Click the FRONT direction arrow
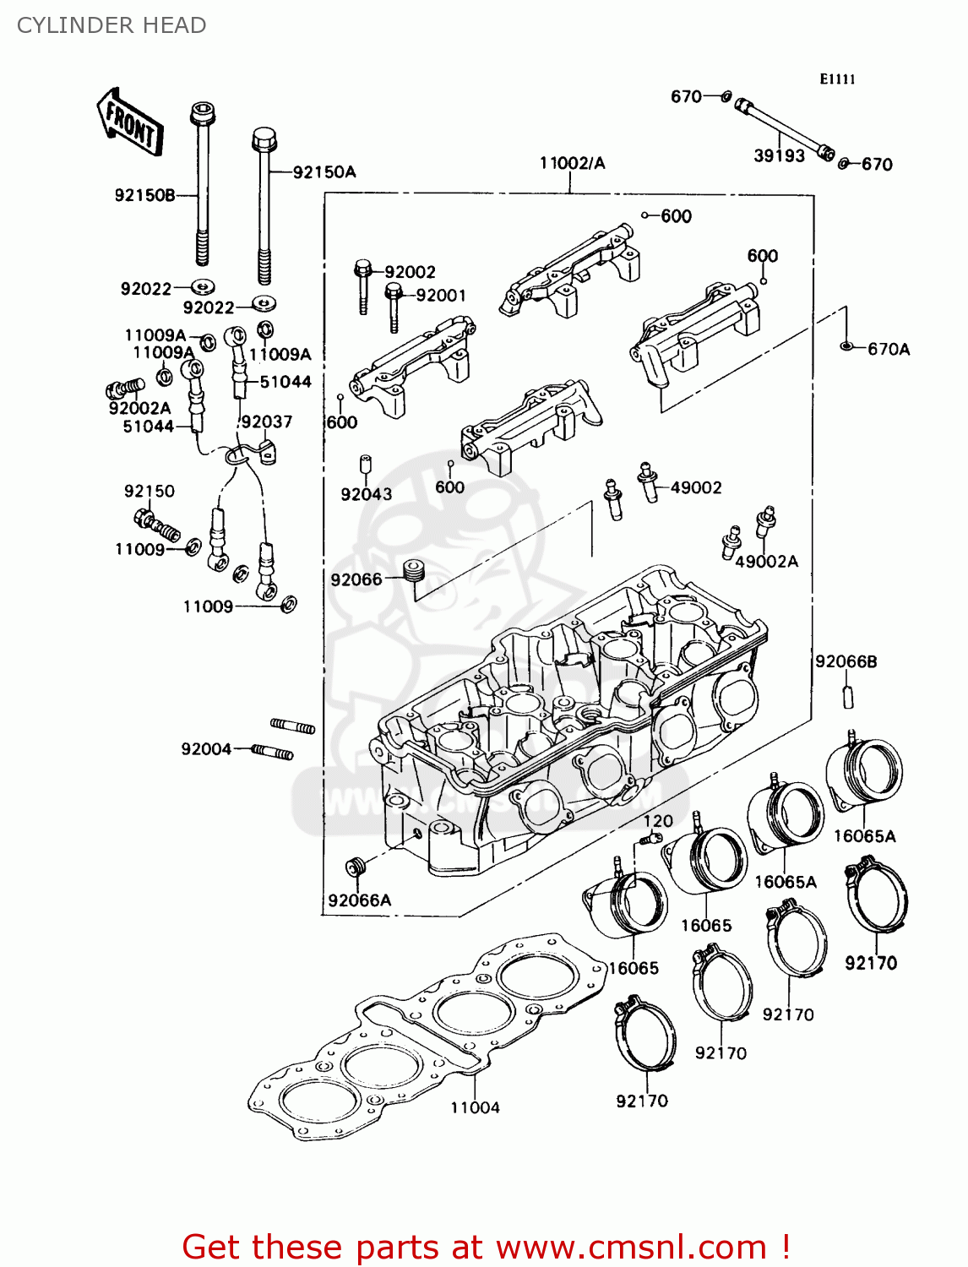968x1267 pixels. click(129, 122)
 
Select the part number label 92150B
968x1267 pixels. click(144, 196)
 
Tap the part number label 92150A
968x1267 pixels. click(324, 172)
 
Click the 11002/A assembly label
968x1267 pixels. click(572, 163)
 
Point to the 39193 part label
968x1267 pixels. click(779, 156)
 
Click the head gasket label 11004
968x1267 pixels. click(475, 1107)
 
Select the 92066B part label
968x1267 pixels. click(846, 661)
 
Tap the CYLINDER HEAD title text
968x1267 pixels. click(111, 25)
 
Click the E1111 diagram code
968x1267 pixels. click(837, 79)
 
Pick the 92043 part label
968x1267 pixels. click(366, 494)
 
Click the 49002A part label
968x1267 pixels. click(766, 562)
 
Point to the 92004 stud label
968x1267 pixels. click(206, 749)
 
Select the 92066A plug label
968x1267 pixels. click(360, 900)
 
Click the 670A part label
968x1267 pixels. click(889, 349)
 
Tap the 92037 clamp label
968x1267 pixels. click(266, 421)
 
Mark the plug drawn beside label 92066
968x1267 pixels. click(413, 572)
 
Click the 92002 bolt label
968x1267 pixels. click(410, 272)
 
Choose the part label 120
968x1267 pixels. click(658, 821)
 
